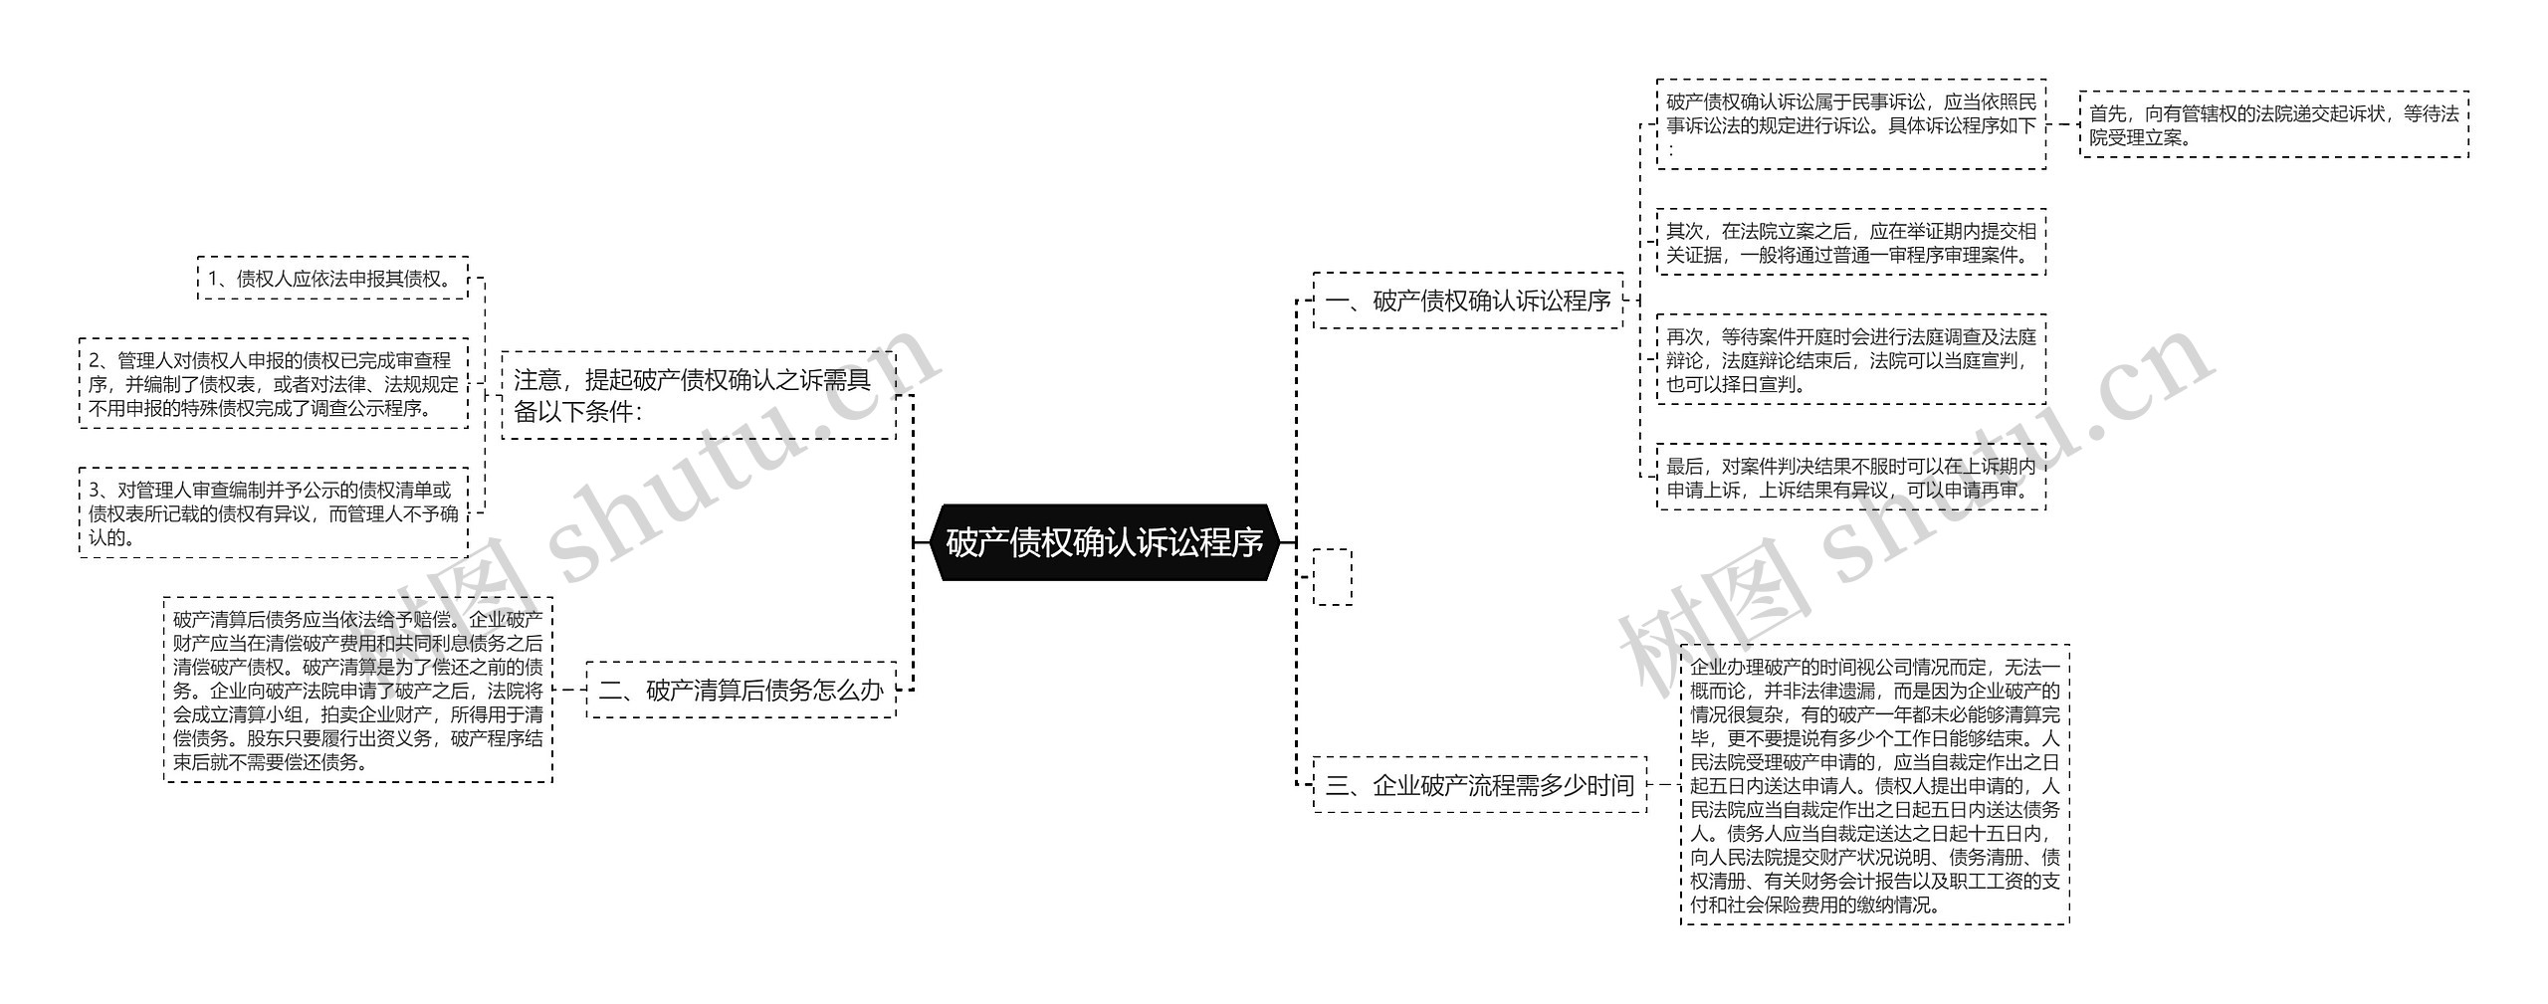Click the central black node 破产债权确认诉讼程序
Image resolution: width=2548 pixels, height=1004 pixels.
point(1104,542)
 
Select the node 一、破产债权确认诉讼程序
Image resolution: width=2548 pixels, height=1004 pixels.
point(1468,301)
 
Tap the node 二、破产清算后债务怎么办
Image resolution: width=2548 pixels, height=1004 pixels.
point(741,690)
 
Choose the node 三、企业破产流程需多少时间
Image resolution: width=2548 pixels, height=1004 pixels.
point(1480,785)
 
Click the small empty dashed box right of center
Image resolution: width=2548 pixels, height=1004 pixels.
point(1333,577)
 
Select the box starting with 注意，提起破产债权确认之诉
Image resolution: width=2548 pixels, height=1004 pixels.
point(699,395)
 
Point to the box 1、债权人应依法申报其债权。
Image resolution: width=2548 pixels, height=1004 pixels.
point(332,279)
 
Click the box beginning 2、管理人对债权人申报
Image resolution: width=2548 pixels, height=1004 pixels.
point(274,383)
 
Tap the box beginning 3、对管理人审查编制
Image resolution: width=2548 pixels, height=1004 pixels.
point(274,512)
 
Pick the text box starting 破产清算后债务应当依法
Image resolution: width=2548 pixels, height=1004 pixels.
point(358,690)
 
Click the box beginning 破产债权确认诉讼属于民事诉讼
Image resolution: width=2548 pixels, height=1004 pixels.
point(1851,124)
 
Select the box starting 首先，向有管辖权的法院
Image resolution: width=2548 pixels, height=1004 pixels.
point(2273,125)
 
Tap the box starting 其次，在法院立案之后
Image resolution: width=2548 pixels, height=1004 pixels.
point(1851,242)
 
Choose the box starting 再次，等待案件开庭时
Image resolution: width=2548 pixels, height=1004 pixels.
point(1851,359)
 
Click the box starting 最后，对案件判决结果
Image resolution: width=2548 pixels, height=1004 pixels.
point(1851,477)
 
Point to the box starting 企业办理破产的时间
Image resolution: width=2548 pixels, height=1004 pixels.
point(1875,785)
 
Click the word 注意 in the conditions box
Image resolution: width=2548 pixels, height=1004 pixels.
point(537,380)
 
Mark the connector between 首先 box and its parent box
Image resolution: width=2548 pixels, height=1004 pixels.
point(2063,125)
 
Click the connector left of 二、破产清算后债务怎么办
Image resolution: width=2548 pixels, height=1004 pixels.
point(569,690)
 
